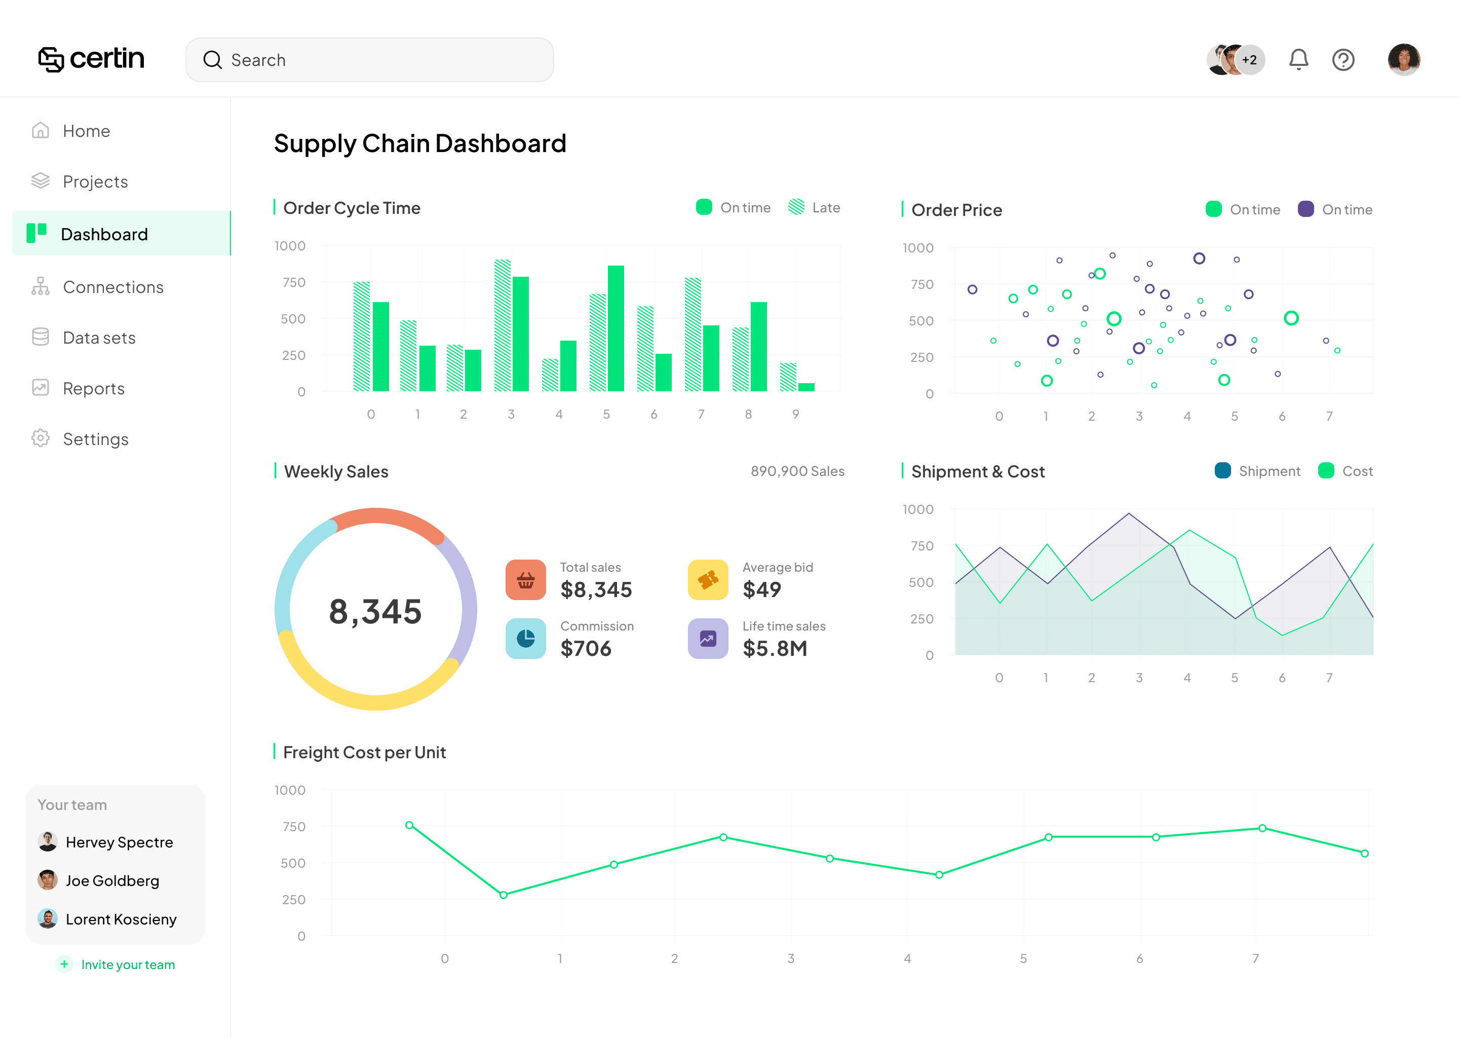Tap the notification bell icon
pos(1298,59)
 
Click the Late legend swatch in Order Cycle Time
pos(796,207)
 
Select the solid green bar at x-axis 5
pos(616,328)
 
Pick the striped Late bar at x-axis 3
pos(503,325)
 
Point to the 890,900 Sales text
pos(797,471)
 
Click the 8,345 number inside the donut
pos(375,611)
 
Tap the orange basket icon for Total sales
pos(526,580)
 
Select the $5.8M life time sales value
pos(775,648)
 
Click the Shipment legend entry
pos(1257,471)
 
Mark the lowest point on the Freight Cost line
pos(504,895)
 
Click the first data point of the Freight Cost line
pos(409,825)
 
